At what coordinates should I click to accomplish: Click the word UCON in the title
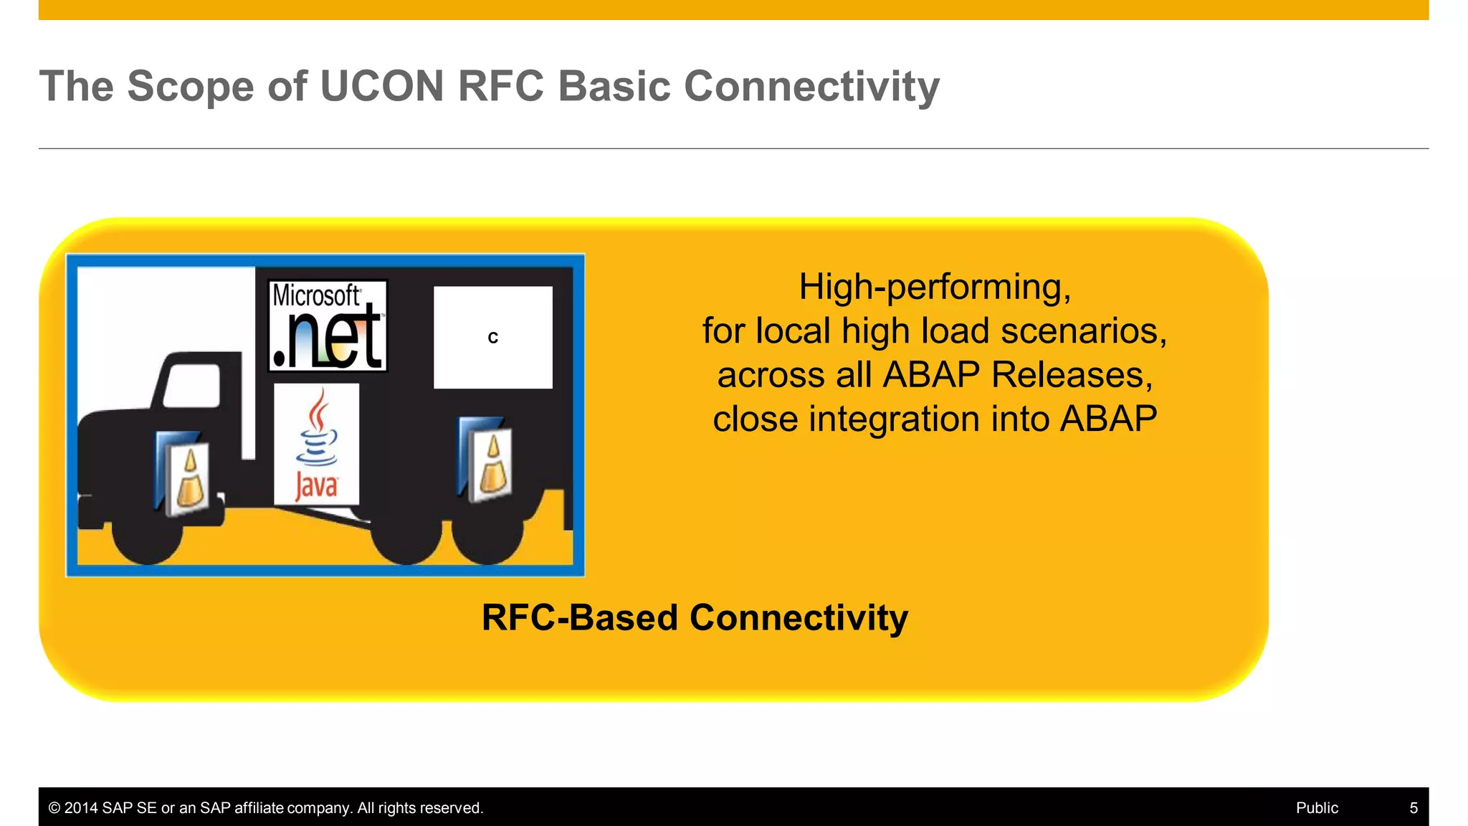[381, 87]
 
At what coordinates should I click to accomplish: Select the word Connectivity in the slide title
[811, 87]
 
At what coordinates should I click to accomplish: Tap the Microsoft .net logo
[328, 326]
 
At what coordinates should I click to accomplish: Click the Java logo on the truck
[316, 445]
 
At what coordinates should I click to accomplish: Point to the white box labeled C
[492, 337]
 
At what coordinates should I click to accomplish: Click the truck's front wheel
[148, 532]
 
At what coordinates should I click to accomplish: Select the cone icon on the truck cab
[183, 475]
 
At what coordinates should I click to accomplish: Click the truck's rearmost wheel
[487, 532]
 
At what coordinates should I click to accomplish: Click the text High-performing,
[934, 287]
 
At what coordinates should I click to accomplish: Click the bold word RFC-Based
[579, 618]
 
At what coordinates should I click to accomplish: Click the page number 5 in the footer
[1414, 808]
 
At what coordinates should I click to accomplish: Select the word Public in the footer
[1317, 808]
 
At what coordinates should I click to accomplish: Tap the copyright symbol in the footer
[54, 808]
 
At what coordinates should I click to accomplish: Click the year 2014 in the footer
[81, 808]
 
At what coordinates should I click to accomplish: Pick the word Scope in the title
[191, 87]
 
